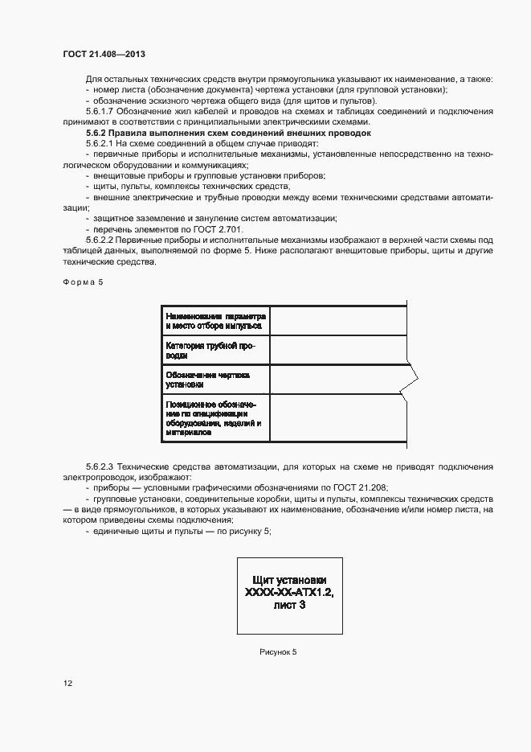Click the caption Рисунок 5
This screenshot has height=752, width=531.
coord(278,651)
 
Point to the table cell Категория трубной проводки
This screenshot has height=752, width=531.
coord(215,349)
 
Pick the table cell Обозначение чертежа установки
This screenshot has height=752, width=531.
coord(215,380)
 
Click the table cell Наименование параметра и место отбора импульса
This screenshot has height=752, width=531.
coord(215,319)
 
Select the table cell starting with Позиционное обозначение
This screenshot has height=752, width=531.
coord(215,417)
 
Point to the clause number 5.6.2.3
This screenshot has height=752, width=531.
coord(101,466)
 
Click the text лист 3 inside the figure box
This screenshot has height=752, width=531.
coord(289,607)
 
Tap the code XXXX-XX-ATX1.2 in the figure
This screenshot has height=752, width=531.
coord(289,594)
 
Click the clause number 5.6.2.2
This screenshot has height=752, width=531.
coord(101,240)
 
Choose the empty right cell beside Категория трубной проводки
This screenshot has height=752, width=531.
coord(338,349)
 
